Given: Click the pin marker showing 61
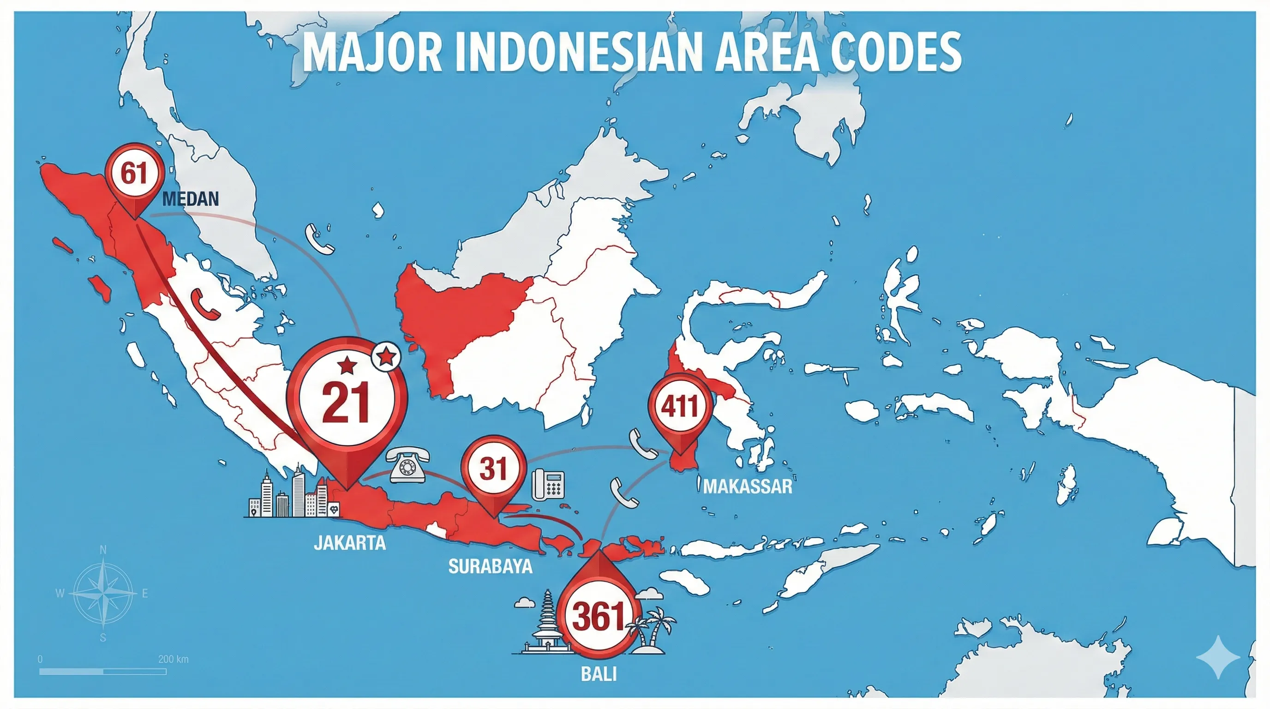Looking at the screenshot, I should tap(134, 174).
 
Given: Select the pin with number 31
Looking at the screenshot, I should tap(493, 469).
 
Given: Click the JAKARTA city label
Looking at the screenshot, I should tap(349, 543).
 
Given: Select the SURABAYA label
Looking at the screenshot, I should tap(490, 566).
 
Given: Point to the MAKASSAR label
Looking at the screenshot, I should tap(748, 487).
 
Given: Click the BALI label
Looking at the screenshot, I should tap(599, 674).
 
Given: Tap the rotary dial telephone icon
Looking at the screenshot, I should tap(407, 464).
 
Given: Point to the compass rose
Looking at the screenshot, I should tap(103, 593).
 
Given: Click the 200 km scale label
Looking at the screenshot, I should tap(173, 659).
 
